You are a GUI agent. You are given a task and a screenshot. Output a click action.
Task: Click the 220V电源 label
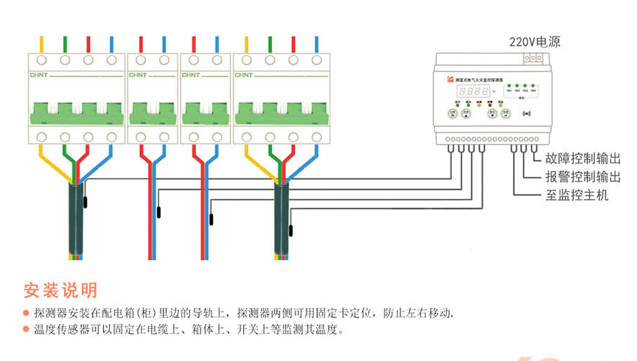coord(534,42)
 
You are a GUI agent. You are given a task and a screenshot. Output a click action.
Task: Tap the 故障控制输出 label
coord(582,159)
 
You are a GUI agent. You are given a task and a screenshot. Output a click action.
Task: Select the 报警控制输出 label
coord(582,177)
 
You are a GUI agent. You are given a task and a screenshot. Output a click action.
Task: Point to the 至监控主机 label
coord(577,195)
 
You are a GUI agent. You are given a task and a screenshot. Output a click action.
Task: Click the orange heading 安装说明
coord(60,290)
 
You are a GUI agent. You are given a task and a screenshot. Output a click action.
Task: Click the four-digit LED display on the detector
coord(474,91)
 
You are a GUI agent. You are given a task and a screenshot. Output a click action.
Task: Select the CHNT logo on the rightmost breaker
coord(243,74)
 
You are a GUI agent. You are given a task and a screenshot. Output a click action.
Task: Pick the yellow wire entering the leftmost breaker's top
coord(42,44)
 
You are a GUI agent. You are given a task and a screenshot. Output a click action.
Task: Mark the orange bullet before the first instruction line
coord(27,314)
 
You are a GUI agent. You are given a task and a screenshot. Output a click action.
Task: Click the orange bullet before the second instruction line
coord(27,330)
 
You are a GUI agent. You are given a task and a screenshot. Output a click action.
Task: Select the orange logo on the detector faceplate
coord(450,80)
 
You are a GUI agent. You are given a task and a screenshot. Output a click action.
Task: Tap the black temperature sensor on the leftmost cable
coord(85,202)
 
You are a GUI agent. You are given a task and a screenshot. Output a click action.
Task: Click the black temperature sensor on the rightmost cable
coord(291,231)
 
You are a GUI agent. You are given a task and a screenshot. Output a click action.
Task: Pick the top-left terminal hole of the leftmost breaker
coord(42,61)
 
